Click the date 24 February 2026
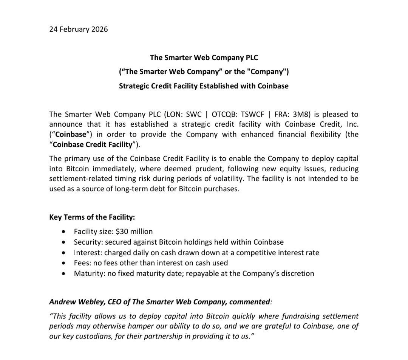[x=78, y=29]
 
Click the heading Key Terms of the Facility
[x=92, y=217]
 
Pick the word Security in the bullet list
[x=88, y=242]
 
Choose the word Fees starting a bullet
[x=82, y=262]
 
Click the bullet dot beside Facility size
[x=65, y=232]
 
